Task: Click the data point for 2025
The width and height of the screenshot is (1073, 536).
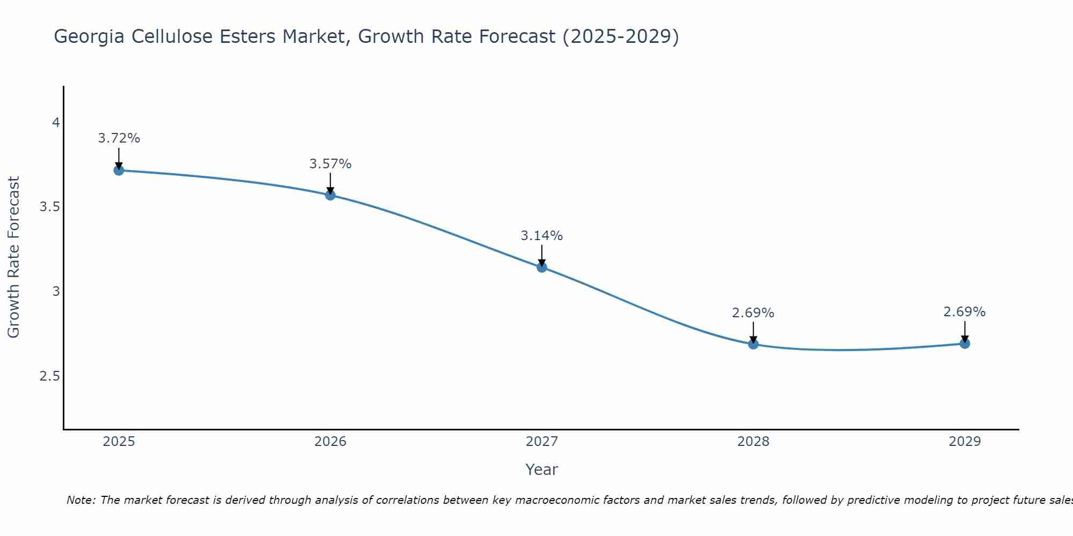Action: (x=119, y=170)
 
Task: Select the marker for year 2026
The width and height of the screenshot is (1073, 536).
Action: (x=330, y=195)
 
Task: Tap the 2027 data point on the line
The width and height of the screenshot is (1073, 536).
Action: (x=542, y=267)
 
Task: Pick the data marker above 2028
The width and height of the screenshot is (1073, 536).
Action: (x=753, y=344)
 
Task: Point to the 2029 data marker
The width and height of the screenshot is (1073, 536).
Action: (x=965, y=344)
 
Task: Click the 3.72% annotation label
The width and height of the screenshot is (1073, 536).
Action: (x=119, y=138)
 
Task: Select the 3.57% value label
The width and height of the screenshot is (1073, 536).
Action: (x=330, y=164)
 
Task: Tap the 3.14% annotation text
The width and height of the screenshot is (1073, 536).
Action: (x=542, y=236)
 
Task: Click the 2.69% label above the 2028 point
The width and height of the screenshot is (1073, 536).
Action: (x=753, y=313)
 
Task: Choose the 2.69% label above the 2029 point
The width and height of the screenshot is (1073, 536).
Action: (x=965, y=312)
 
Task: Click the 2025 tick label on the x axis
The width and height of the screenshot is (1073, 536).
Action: (x=119, y=442)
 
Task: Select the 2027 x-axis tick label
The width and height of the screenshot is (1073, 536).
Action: (x=542, y=442)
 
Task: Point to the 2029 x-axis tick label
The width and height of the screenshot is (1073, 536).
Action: (x=965, y=442)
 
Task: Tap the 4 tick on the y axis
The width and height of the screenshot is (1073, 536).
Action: (x=55, y=123)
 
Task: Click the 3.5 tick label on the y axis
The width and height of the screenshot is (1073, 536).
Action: (x=49, y=207)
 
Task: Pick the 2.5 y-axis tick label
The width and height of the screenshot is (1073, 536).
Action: (x=49, y=376)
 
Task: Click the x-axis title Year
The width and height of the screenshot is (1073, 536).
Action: (x=542, y=470)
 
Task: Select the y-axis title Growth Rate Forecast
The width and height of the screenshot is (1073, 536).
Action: (x=14, y=257)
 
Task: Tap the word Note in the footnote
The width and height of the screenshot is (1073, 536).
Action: (x=80, y=500)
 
